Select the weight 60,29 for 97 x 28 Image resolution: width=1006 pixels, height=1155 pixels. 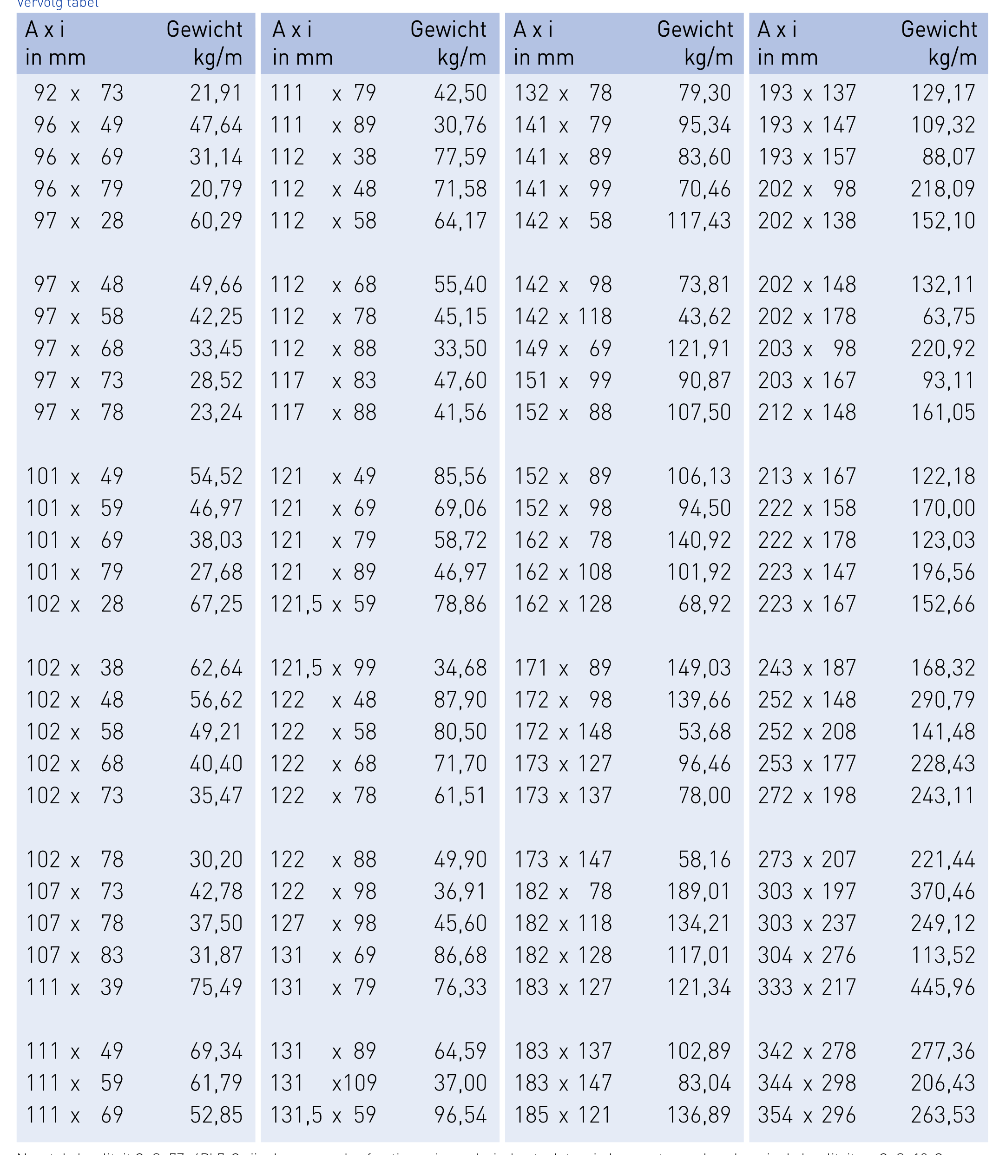[216, 221]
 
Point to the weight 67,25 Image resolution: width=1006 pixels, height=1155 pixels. [216, 604]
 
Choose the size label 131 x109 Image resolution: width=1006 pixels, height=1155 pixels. [323, 1083]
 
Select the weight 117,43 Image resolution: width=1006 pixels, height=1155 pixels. [699, 221]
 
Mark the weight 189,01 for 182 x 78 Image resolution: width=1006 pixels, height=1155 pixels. [699, 892]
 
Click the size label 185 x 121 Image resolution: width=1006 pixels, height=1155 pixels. [563, 1115]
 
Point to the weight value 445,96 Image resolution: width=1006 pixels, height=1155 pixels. [943, 987]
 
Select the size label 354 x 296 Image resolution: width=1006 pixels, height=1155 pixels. [807, 1115]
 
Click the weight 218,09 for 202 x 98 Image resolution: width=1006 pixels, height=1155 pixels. [943, 189]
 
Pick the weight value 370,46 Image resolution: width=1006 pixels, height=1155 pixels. [943, 892]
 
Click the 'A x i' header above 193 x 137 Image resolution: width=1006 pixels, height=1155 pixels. [777, 29]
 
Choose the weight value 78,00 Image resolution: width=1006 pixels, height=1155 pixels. [704, 796]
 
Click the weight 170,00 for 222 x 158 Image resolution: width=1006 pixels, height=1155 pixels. [943, 508]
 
